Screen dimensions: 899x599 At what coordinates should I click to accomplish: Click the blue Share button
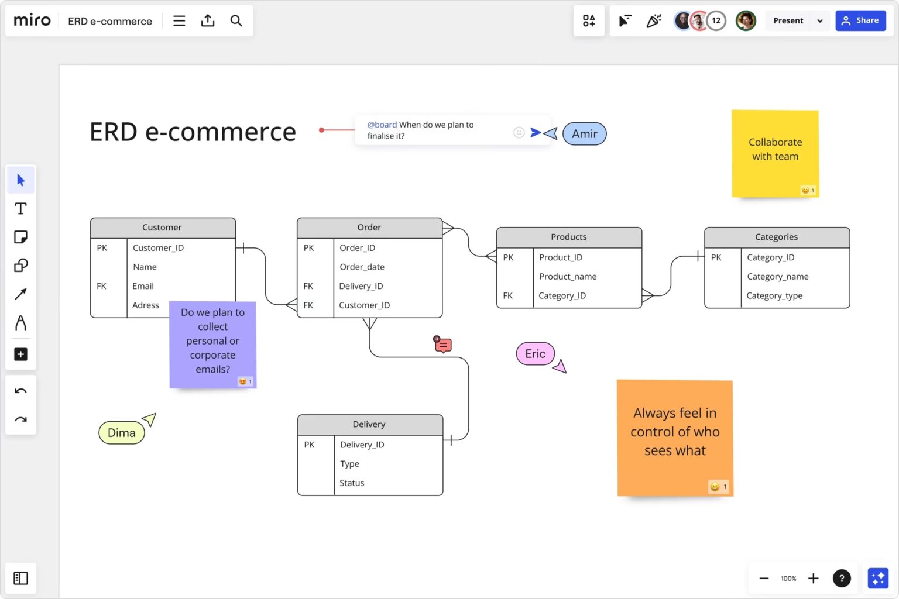click(860, 20)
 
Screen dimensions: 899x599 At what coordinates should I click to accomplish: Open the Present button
click(788, 20)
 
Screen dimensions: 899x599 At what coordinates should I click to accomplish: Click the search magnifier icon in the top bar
click(236, 20)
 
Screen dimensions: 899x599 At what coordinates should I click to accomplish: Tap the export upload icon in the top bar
click(208, 20)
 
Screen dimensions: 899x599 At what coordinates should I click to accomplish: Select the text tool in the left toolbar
click(20, 209)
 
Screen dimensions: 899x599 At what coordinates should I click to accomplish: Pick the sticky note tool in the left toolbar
click(20, 237)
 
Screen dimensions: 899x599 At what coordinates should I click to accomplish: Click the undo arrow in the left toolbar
click(20, 391)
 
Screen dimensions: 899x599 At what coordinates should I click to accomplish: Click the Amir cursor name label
click(584, 133)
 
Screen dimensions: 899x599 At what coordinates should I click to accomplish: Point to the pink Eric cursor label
click(536, 353)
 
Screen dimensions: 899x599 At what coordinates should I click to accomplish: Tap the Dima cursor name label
click(122, 432)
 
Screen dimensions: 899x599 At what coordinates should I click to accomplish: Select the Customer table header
click(163, 228)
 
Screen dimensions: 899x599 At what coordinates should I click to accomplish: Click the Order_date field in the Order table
click(362, 267)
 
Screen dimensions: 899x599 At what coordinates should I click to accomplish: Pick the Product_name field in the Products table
click(568, 277)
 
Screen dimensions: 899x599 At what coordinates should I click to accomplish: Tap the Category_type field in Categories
click(774, 295)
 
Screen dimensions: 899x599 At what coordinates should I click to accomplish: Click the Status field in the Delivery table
click(352, 483)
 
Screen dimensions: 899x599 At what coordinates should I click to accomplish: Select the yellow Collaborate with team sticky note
click(776, 154)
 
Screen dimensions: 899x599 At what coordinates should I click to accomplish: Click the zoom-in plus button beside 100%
click(814, 578)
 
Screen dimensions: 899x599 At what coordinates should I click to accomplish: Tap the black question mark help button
click(842, 578)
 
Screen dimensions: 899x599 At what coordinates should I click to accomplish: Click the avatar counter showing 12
click(716, 20)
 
